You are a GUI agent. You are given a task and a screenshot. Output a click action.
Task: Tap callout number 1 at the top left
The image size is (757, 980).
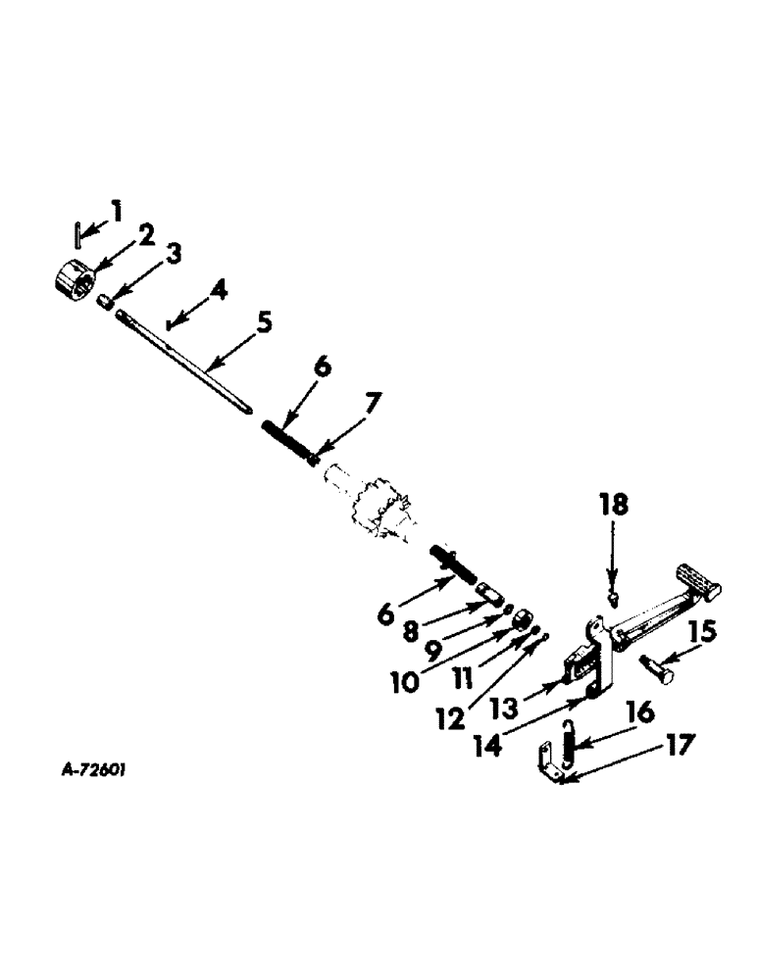click(x=118, y=210)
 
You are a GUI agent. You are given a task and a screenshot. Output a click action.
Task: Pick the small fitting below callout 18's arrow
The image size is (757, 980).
click(x=614, y=593)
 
